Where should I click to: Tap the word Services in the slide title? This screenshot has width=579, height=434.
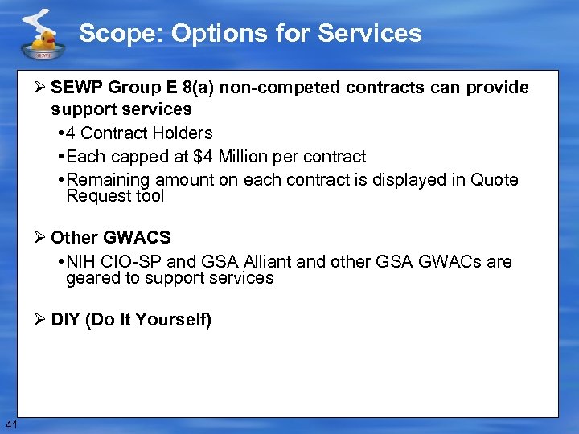point(370,34)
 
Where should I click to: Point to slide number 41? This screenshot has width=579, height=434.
point(10,424)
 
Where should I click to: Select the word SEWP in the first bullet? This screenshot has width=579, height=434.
point(76,88)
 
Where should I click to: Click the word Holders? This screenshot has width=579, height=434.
point(183,133)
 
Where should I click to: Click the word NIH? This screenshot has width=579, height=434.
point(82,262)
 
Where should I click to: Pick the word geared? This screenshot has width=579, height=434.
point(92,278)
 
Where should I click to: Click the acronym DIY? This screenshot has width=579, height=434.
point(66,320)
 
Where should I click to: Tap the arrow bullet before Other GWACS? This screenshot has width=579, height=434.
point(40,238)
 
